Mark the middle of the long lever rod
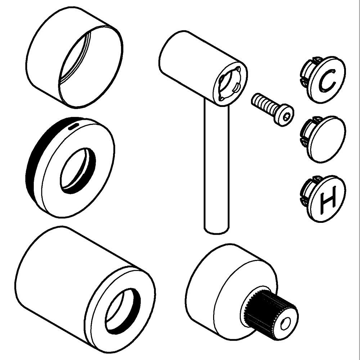coord(216,168)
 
